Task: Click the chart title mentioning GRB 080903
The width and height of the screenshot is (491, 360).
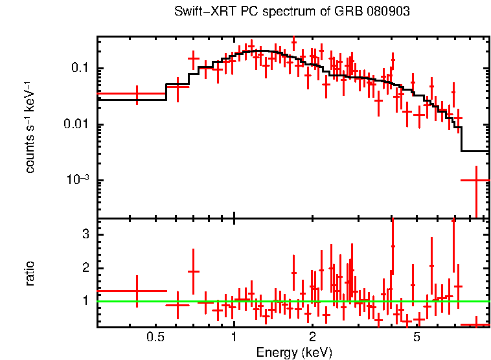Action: point(291,12)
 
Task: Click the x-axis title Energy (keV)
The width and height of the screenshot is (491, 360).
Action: point(294,352)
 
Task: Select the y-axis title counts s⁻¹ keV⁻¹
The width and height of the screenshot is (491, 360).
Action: point(30,128)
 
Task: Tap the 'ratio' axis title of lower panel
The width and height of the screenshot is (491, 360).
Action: point(30,273)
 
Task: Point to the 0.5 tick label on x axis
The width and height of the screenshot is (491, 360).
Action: point(154,337)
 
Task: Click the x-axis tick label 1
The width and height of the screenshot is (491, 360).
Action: point(234,337)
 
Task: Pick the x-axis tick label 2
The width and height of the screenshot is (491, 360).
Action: point(312,337)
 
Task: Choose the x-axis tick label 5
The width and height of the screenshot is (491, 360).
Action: point(417,337)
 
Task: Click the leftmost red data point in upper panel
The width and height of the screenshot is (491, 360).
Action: point(137,94)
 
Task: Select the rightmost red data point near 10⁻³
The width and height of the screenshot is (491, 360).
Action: point(476,181)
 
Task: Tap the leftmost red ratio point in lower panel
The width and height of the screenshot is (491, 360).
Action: point(137,291)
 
